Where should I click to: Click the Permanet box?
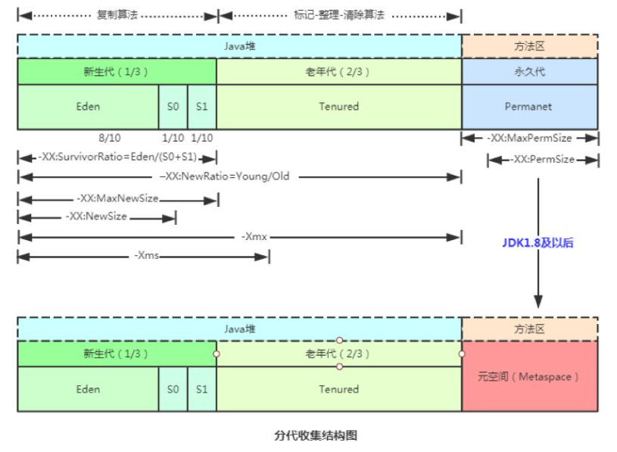[x=529, y=107]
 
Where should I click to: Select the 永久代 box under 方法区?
[x=529, y=72]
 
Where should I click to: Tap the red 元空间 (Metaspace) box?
[x=529, y=376]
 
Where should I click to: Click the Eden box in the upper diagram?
[x=88, y=107]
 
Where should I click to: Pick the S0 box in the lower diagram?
[x=173, y=389]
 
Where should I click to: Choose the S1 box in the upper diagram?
[x=201, y=107]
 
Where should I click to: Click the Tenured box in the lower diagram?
[x=338, y=389]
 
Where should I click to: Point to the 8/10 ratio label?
[x=109, y=138]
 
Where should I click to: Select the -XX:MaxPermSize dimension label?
[x=530, y=139]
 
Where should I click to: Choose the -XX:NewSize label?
[x=96, y=217]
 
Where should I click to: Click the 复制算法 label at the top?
[x=117, y=14]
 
